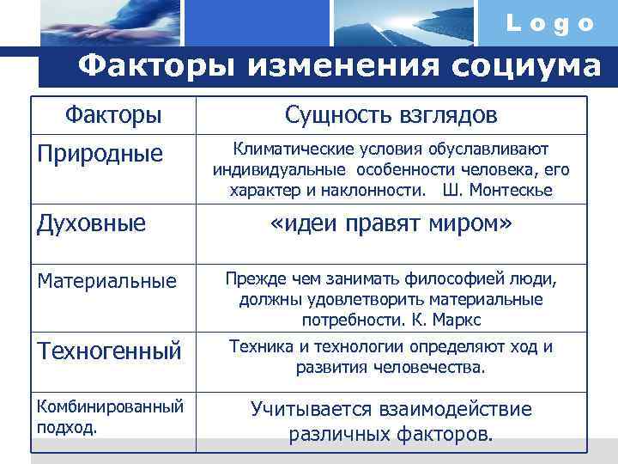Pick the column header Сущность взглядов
[391, 114]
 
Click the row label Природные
[99, 154]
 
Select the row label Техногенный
[108, 351]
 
